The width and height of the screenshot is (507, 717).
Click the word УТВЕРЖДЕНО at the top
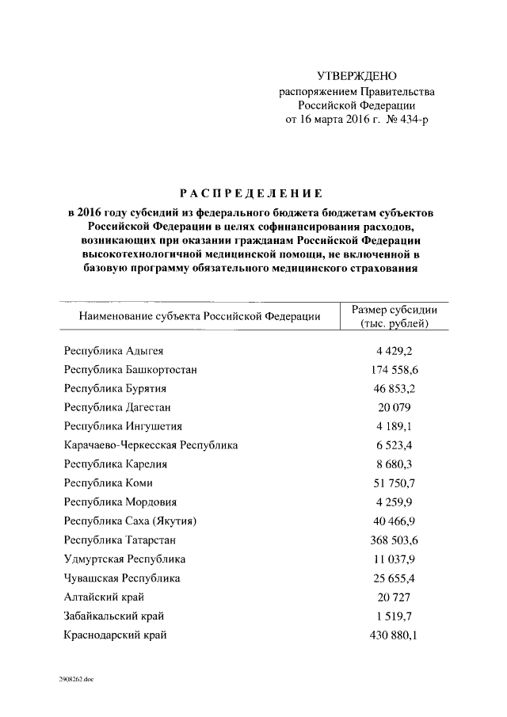click(x=356, y=77)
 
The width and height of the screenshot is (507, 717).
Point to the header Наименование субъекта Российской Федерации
click(x=199, y=317)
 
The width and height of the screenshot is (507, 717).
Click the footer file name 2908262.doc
click(x=75, y=679)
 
